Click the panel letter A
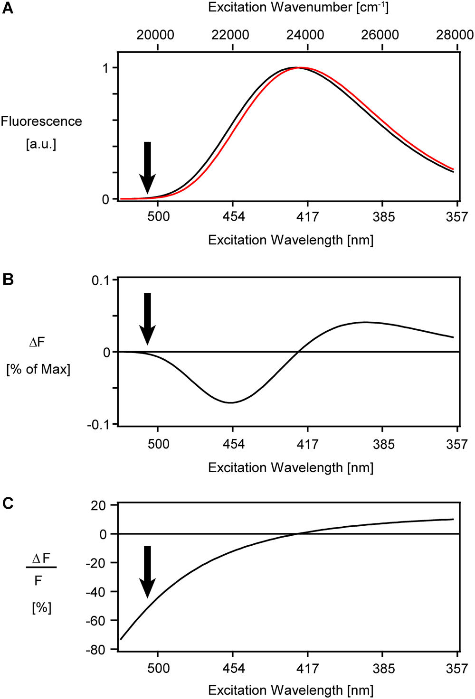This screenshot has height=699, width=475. [x=8, y=8]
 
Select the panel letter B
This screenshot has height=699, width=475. [x=8, y=280]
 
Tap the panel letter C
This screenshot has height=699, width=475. [x=8, y=503]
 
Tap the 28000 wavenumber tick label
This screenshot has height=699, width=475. [x=455, y=35]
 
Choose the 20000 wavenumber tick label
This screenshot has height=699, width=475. [x=155, y=35]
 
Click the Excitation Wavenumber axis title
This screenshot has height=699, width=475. [x=298, y=8]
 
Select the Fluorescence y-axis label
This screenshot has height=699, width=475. [x=41, y=121]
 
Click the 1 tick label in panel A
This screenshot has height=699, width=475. [x=105, y=68]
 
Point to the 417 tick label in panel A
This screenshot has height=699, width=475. [x=307, y=217]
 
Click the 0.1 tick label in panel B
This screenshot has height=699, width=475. [x=100, y=280]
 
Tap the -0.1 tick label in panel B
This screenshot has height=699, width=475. [x=98, y=425]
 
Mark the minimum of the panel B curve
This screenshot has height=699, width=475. [x=231, y=402]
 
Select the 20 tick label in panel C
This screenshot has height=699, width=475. [x=98, y=505]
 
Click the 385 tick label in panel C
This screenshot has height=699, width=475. [x=383, y=669]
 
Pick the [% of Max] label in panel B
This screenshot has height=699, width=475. [x=38, y=369]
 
